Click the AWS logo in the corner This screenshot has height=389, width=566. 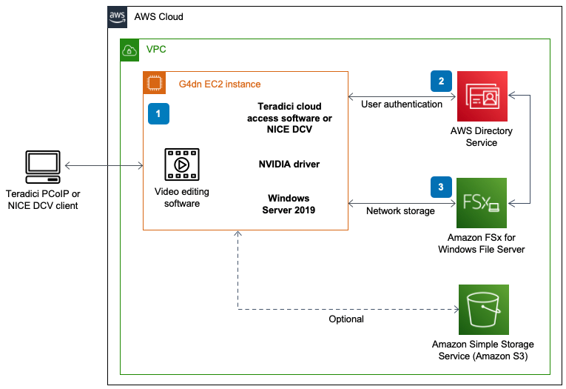[118, 17]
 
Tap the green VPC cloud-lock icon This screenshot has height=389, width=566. [129, 50]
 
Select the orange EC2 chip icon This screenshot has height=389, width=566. [155, 83]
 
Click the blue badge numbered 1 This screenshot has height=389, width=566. [158, 113]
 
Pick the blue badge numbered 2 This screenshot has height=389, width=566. [441, 81]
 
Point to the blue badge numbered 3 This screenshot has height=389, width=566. [441, 187]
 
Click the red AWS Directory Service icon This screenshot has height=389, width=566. [482, 96]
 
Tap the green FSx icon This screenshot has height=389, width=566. [482, 203]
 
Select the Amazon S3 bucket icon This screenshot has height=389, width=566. [484, 310]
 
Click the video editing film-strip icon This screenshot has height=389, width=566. [182, 164]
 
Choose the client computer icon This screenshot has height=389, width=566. [43, 167]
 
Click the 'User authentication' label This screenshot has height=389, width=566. [402, 104]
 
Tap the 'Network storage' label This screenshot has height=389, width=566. [400, 210]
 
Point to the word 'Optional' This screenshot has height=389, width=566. [346, 319]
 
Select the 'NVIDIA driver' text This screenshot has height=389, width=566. [289, 164]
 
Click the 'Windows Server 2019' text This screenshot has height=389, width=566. [289, 204]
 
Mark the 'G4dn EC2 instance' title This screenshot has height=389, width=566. [220, 84]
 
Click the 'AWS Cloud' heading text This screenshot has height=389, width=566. [158, 16]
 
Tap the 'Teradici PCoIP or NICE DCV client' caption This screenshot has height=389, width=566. [43, 199]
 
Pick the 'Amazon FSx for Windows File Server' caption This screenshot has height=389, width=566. [482, 243]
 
